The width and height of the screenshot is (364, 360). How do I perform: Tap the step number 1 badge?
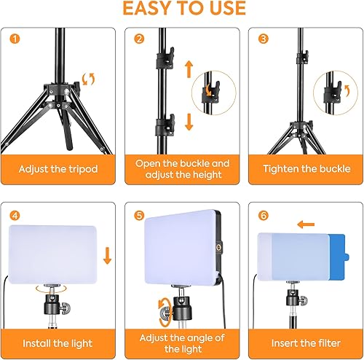click(x=16, y=39)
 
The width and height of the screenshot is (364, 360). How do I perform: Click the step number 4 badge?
click(x=16, y=216)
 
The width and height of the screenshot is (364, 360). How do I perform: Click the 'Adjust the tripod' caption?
click(x=58, y=169)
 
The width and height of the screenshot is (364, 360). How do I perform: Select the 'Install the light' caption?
click(x=58, y=342)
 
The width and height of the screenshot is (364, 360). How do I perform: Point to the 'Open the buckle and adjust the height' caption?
click(x=182, y=169)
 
